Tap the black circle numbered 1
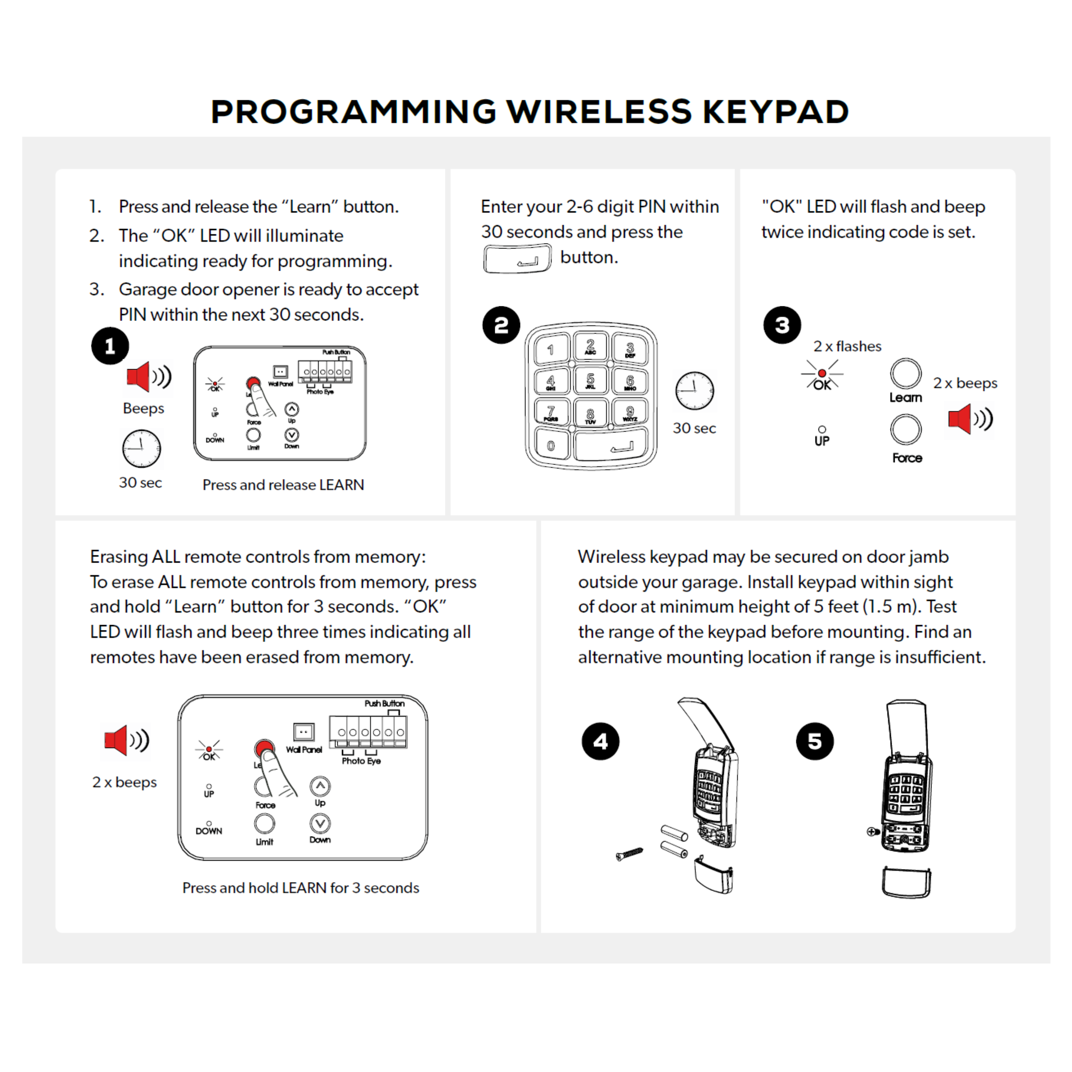click(110, 346)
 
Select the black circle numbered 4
click(600, 741)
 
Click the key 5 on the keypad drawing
click(590, 381)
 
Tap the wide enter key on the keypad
click(611, 445)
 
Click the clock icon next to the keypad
click(694, 391)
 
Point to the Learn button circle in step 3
click(906, 373)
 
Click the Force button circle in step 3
click(906, 430)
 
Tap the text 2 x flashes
click(847, 346)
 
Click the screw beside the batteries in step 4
click(630, 853)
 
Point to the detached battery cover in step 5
click(906, 882)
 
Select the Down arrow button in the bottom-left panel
click(320, 823)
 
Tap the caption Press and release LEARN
click(283, 485)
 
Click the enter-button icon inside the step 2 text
click(517, 259)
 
